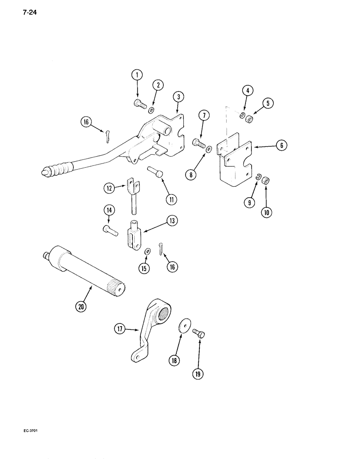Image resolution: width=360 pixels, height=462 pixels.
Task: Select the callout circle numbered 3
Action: point(178,97)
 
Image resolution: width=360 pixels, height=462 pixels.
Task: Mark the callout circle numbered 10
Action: point(266,213)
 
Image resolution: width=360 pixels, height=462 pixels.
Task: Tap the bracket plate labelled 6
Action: point(235,162)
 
